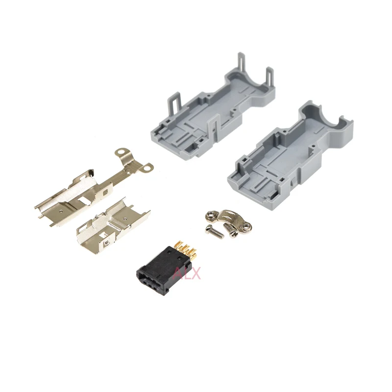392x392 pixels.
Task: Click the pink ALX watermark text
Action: click(187, 273)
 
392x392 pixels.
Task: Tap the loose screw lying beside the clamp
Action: click(214, 232)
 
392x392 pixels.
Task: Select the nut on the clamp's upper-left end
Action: click(211, 215)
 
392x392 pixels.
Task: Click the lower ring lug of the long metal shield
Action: click(147, 167)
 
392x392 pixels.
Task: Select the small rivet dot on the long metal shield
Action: click(62, 211)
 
